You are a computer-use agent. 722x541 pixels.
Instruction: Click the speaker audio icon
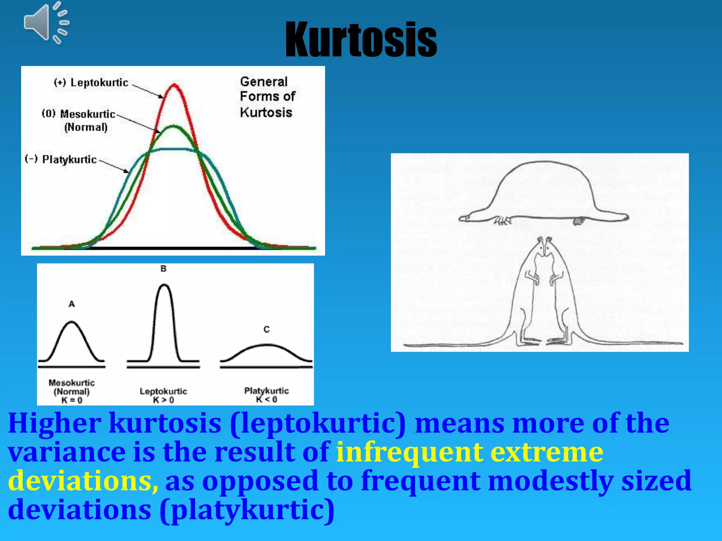click(x=46, y=23)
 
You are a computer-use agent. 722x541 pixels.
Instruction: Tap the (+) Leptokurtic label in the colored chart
click(x=91, y=82)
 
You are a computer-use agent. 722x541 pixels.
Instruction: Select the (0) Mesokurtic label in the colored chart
click(x=79, y=114)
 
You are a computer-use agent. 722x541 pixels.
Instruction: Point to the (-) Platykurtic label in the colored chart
click(x=61, y=159)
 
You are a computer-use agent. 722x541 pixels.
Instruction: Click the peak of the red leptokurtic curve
click(x=174, y=85)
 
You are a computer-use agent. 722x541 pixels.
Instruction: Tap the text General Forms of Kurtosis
click(x=267, y=97)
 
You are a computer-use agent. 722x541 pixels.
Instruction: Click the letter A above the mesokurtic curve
click(x=72, y=304)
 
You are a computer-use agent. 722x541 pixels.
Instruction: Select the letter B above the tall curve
click(x=163, y=268)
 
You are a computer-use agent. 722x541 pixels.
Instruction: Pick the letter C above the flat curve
click(x=267, y=329)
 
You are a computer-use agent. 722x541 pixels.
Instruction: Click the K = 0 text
click(x=72, y=400)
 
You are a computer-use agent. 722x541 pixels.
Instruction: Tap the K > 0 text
click(x=163, y=400)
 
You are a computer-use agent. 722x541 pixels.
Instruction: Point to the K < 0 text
click(x=267, y=399)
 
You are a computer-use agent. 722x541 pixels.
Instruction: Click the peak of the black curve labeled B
click(x=164, y=285)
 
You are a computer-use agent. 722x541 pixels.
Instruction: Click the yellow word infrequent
click(x=409, y=452)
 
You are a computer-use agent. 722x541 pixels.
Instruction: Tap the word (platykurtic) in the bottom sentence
click(x=247, y=510)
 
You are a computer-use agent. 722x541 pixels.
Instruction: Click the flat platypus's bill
click(x=469, y=218)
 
